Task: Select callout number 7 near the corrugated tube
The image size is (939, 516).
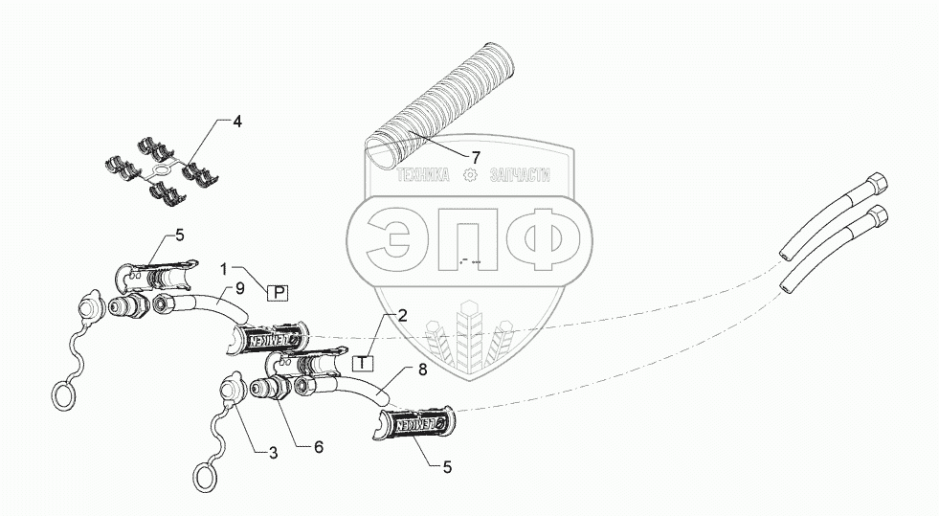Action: pyautogui.click(x=475, y=155)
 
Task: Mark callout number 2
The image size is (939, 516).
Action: pyautogui.click(x=403, y=315)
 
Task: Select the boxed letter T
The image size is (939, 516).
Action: pyautogui.click(x=364, y=362)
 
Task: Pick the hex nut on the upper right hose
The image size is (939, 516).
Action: pyautogui.click(x=850, y=184)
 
